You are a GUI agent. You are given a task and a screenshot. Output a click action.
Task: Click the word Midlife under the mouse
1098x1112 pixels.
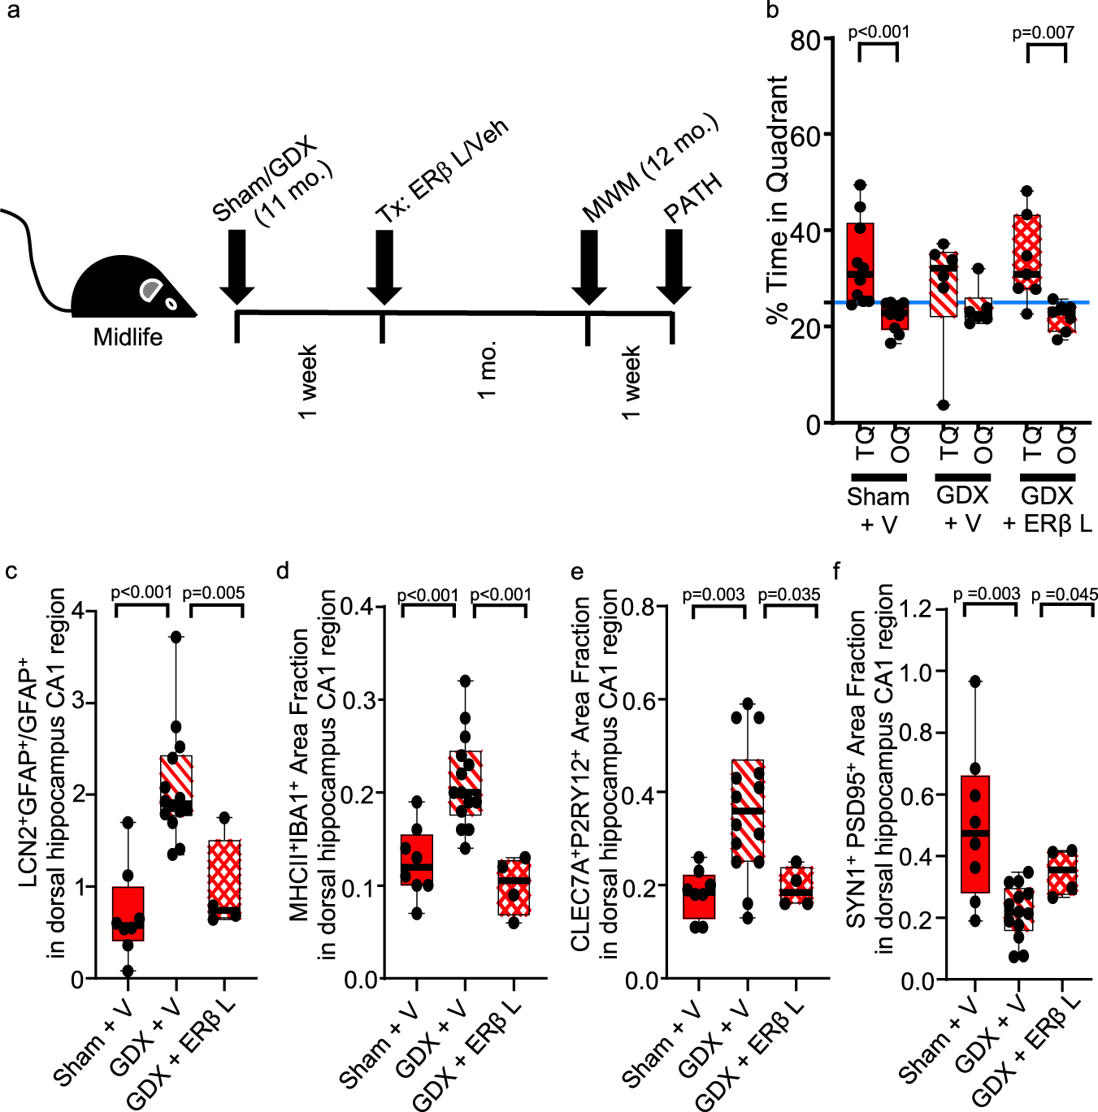pyautogui.click(x=128, y=336)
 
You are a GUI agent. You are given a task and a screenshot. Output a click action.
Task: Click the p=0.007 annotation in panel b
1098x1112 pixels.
pyautogui.click(x=1043, y=32)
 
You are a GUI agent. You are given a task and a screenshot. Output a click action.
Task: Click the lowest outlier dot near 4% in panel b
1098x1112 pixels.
pyautogui.click(x=943, y=405)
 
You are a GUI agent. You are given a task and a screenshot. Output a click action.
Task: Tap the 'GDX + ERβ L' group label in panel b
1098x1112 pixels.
pyautogui.click(x=1047, y=509)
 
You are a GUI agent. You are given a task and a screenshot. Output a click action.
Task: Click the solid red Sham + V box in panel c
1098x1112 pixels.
pyautogui.click(x=128, y=913)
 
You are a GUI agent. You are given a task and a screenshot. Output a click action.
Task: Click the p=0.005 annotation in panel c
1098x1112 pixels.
pyautogui.click(x=214, y=593)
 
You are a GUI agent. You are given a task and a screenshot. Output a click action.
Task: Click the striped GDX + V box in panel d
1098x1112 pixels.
pyautogui.click(x=466, y=782)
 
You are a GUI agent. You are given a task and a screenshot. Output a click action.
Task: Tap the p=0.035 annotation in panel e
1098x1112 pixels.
pyautogui.click(x=789, y=595)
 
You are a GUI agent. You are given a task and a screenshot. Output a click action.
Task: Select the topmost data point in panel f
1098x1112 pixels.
pyautogui.click(x=975, y=681)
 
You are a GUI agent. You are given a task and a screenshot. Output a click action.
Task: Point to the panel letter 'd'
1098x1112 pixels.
pyautogui.click(x=282, y=571)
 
